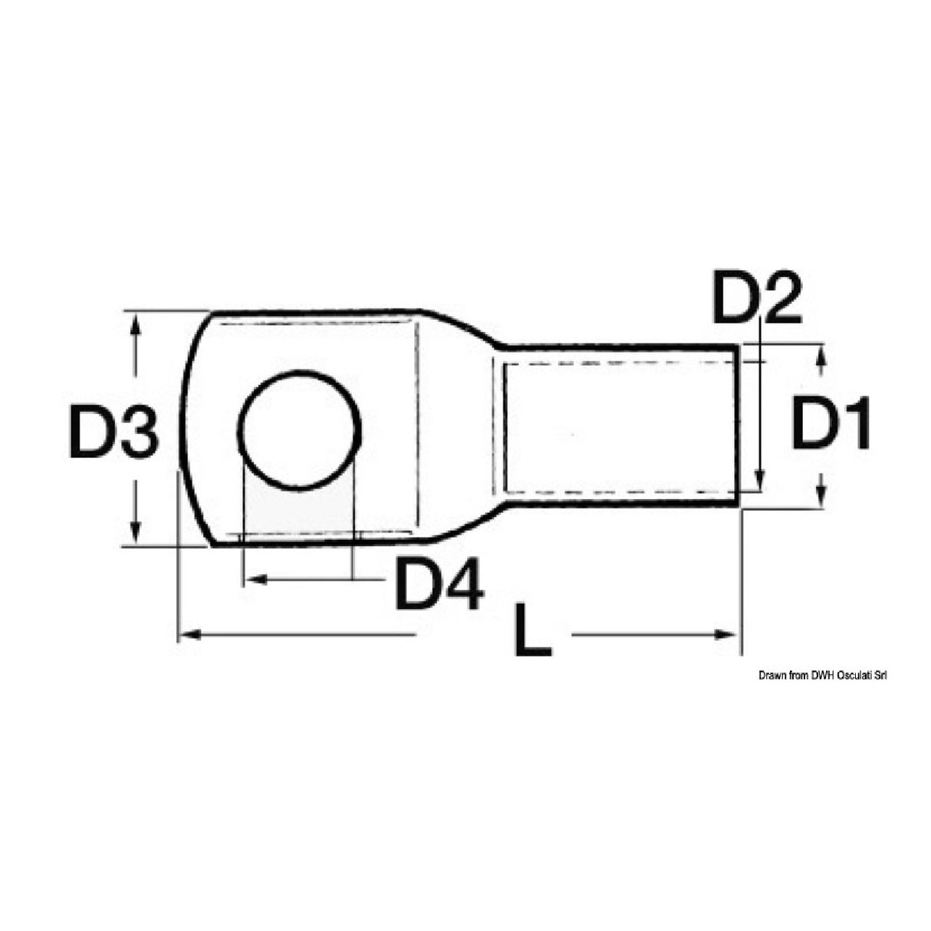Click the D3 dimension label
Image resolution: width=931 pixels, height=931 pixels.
[113, 432]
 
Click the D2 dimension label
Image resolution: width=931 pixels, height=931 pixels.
[756, 297]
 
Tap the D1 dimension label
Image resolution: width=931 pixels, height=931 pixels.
[831, 423]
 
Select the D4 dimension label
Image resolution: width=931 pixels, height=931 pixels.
[439, 584]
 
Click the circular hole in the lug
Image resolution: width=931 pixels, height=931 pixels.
[299, 431]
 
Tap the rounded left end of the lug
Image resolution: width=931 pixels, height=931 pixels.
[186, 429]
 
